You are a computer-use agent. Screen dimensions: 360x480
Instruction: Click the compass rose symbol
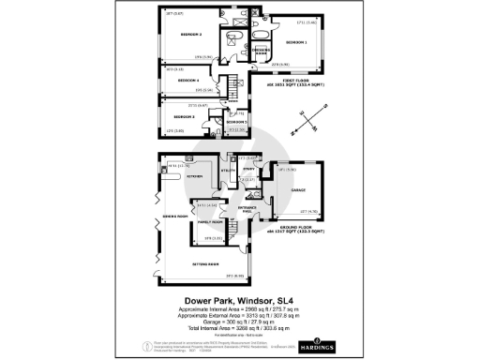(x=306, y=117)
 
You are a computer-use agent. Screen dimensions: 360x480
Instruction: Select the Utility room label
(x=228, y=170)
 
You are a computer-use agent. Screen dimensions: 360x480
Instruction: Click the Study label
(x=248, y=169)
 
